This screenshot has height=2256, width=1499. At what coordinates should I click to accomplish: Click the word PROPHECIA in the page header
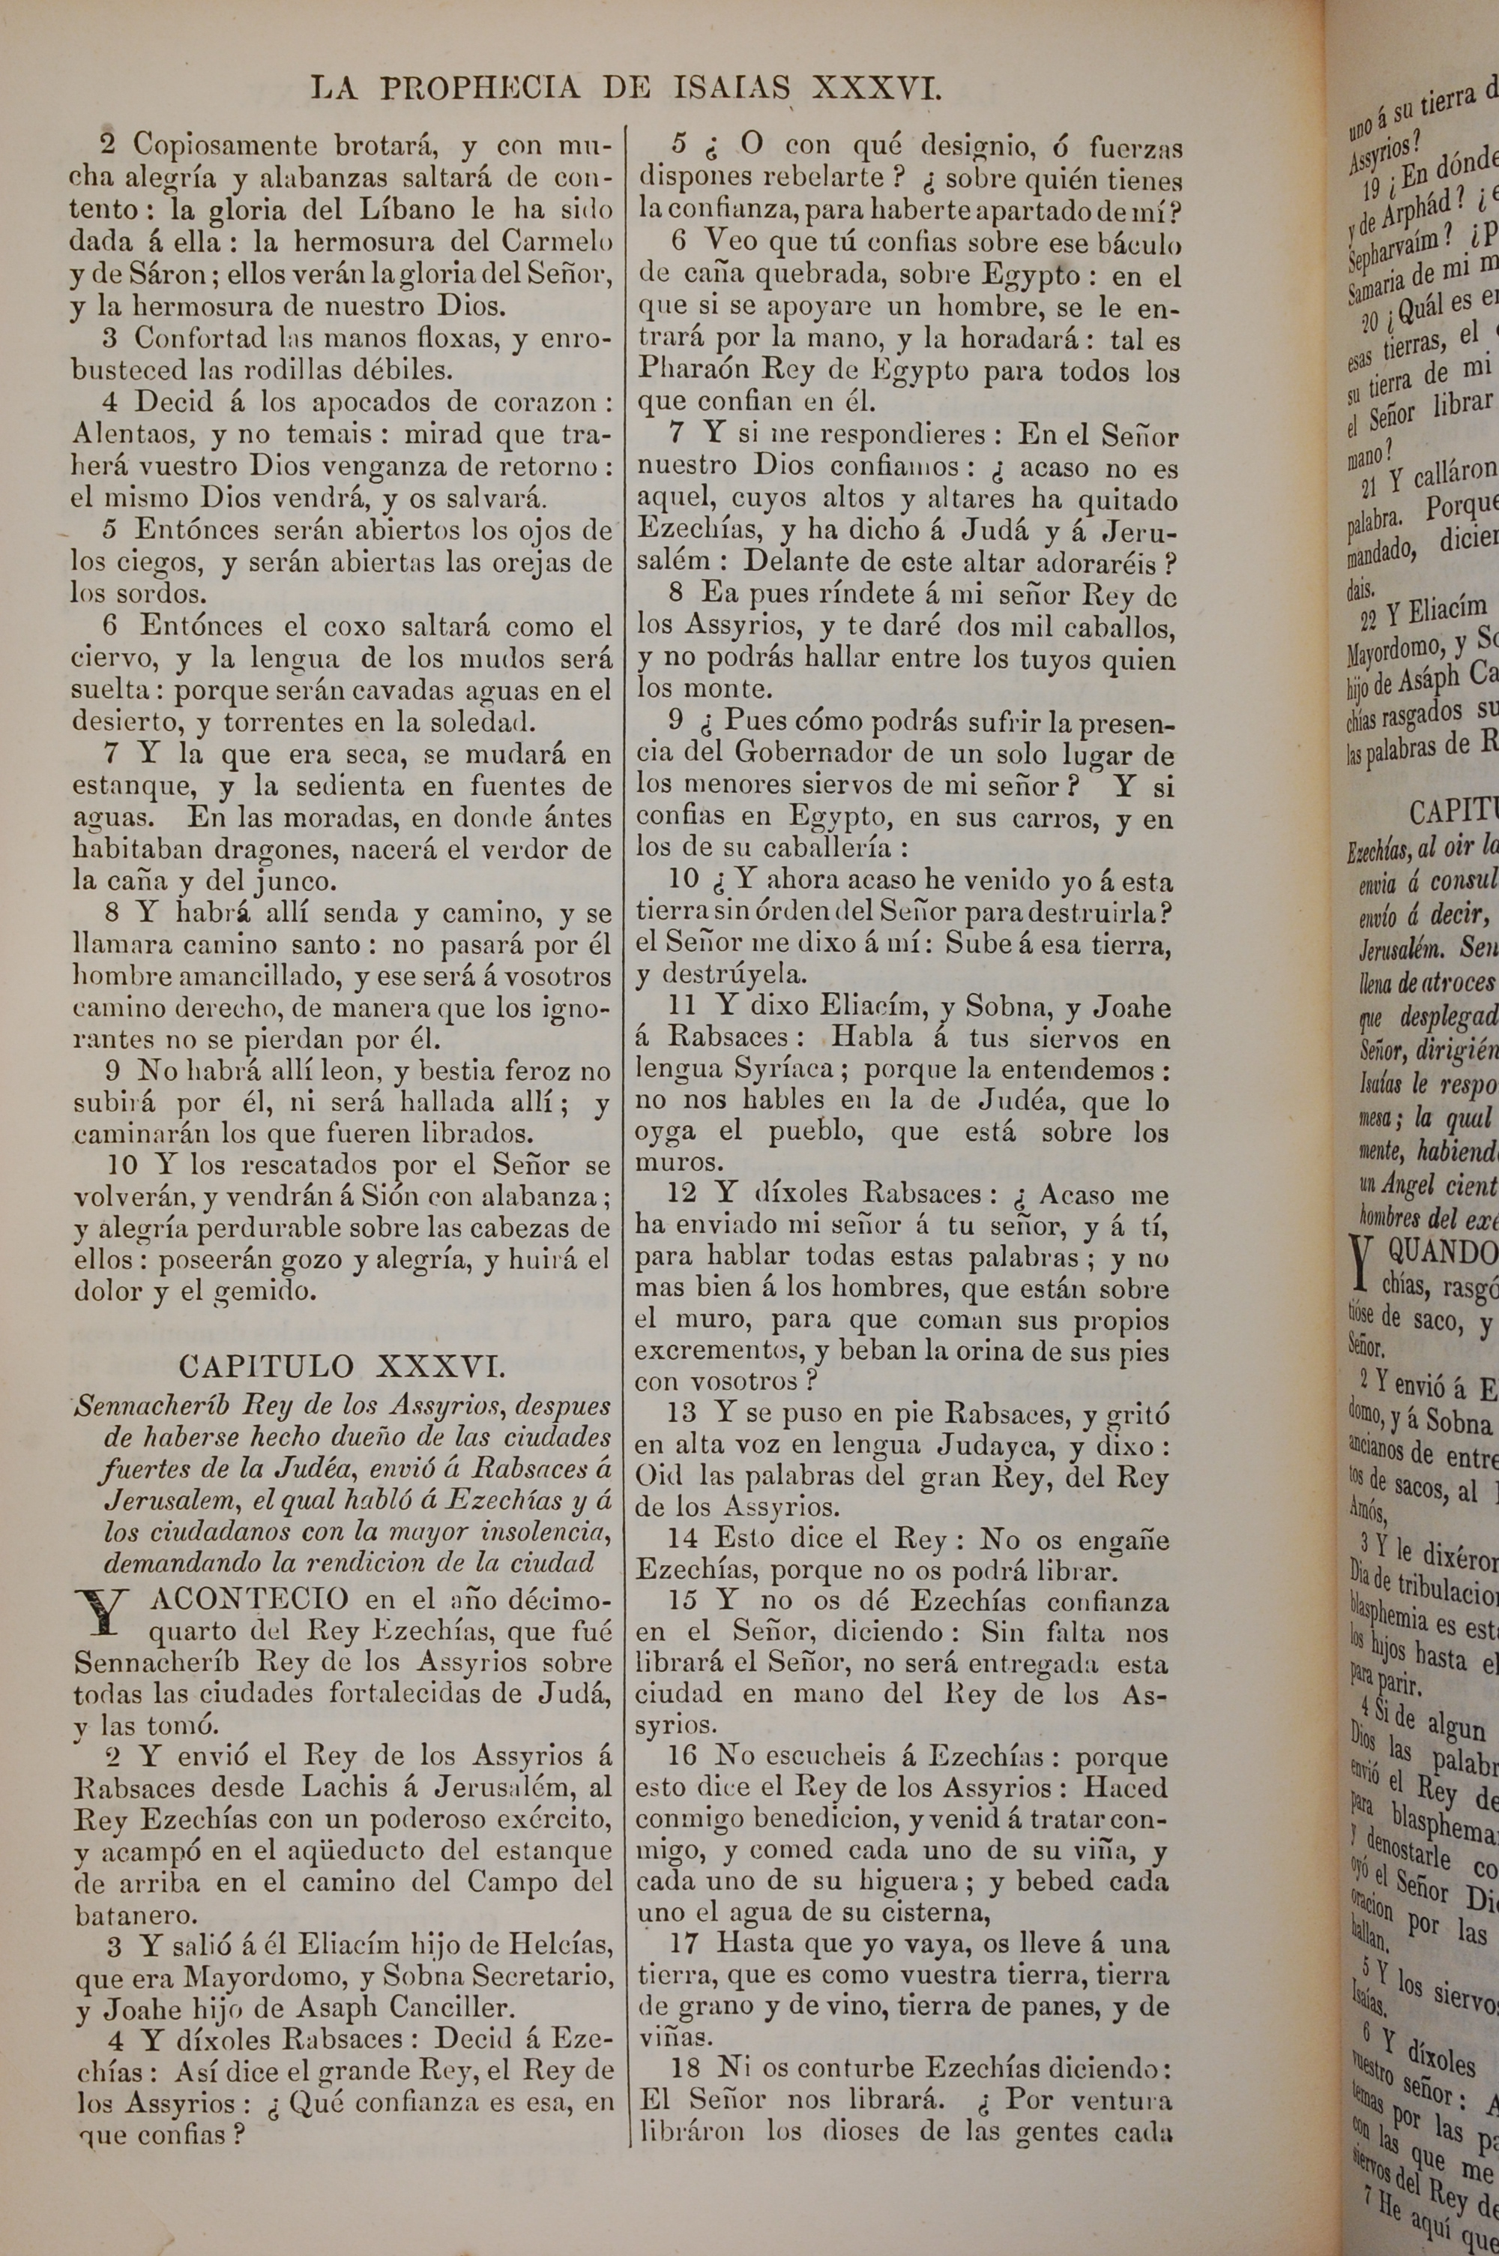pos(480,89)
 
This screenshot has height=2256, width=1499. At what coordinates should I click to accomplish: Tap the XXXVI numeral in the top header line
pos(877,89)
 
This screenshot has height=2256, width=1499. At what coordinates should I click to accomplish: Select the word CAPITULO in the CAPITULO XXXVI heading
pos(266,1366)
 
